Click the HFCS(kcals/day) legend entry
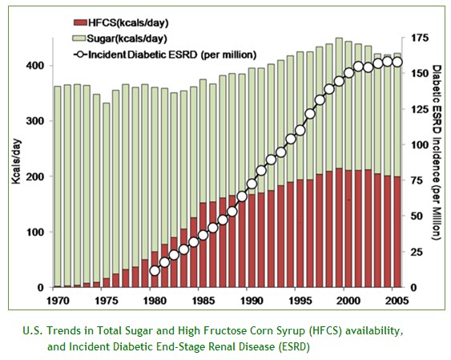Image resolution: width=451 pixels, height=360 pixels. coord(121,22)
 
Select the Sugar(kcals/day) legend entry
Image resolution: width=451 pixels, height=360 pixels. coord(119,38)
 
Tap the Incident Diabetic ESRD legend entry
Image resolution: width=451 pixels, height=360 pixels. coord(165,55)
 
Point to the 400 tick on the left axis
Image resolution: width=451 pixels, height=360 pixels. coord(35,66)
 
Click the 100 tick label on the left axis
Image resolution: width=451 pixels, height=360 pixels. coord(35,232)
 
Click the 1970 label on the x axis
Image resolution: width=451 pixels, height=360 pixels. coord(58,301)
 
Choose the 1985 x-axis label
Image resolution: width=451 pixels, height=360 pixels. coord(203,301)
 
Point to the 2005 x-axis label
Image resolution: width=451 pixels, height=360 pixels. coord(397,301)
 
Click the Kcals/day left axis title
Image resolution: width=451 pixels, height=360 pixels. coord(16,161)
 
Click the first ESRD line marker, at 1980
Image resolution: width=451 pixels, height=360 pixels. coord(155,271)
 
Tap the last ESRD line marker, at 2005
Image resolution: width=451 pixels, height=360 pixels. coord(397,62)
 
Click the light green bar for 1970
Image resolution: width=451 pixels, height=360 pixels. coord(58,186)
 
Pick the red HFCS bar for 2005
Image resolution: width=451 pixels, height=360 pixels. coord(397,232)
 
